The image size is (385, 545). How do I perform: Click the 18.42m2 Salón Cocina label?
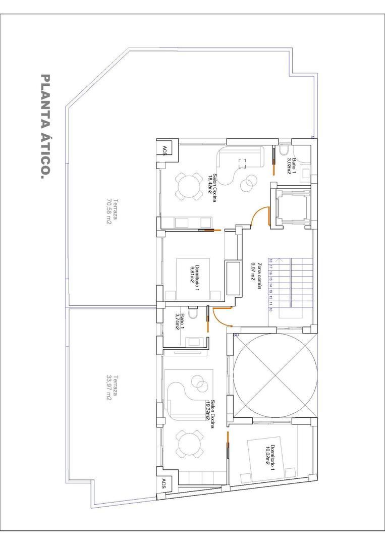212,188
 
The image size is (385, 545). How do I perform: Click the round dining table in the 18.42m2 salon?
188,187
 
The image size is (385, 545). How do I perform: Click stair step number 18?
271,261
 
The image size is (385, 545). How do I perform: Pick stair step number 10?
271,310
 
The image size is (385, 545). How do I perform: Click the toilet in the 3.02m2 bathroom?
284,150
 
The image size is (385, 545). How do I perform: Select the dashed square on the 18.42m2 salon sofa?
242,163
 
